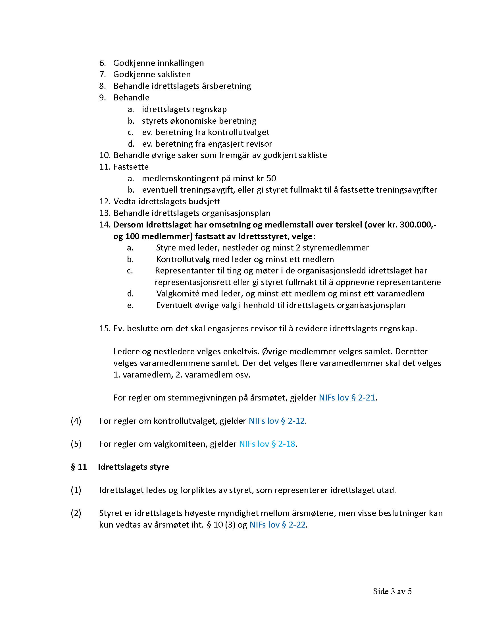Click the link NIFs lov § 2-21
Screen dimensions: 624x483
347,398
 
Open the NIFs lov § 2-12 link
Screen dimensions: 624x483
276,421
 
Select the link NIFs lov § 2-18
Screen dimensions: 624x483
267,444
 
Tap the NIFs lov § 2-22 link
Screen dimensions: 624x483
278,524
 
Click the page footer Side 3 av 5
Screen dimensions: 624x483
392,591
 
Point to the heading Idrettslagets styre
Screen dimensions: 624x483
133,467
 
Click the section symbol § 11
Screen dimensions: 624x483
79,467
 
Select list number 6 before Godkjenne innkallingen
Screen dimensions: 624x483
102,63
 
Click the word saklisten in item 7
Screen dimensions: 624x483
174,74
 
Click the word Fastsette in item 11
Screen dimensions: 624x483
131,167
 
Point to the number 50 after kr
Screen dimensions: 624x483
271,179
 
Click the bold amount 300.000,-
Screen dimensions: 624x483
418,225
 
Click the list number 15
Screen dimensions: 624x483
105,328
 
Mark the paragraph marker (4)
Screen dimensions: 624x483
76,421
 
